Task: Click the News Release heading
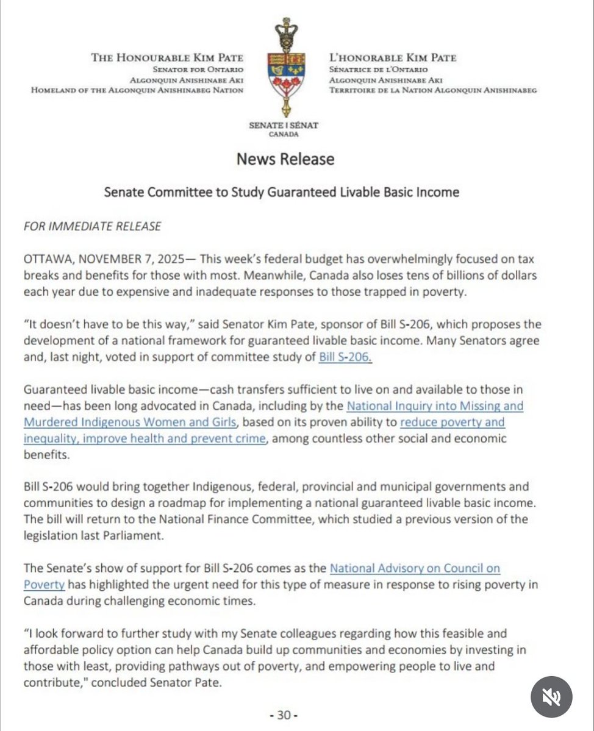285,159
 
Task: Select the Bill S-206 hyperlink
345,357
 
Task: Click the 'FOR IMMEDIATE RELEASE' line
92,226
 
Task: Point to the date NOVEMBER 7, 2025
134,259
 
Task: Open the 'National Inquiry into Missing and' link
435,405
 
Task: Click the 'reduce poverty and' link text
453,422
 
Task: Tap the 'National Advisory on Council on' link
415,568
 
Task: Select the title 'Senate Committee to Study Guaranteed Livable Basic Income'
281,192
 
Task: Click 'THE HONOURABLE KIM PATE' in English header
167,58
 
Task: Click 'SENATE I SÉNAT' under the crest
284,125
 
